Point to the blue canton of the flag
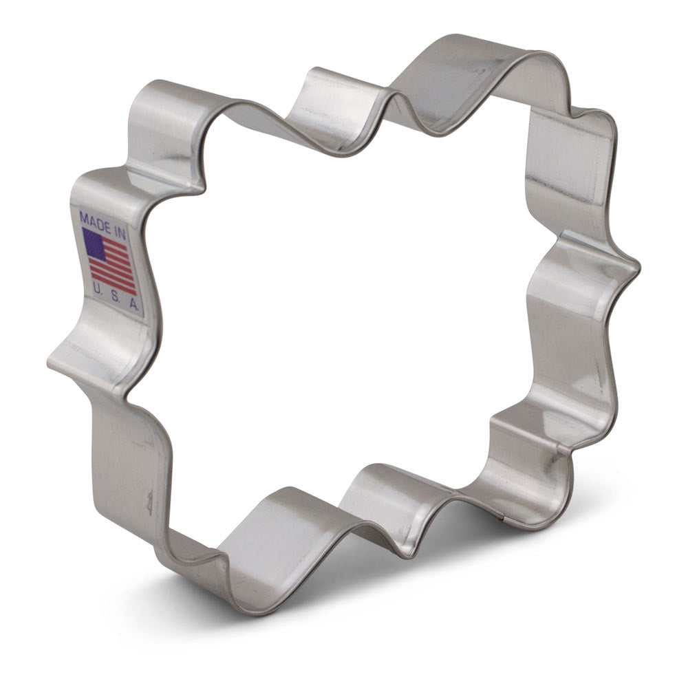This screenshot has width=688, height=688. pyautogui.click(x=94, y=244)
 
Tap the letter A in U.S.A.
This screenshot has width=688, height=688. pyautogui.click(x=131, y=303)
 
